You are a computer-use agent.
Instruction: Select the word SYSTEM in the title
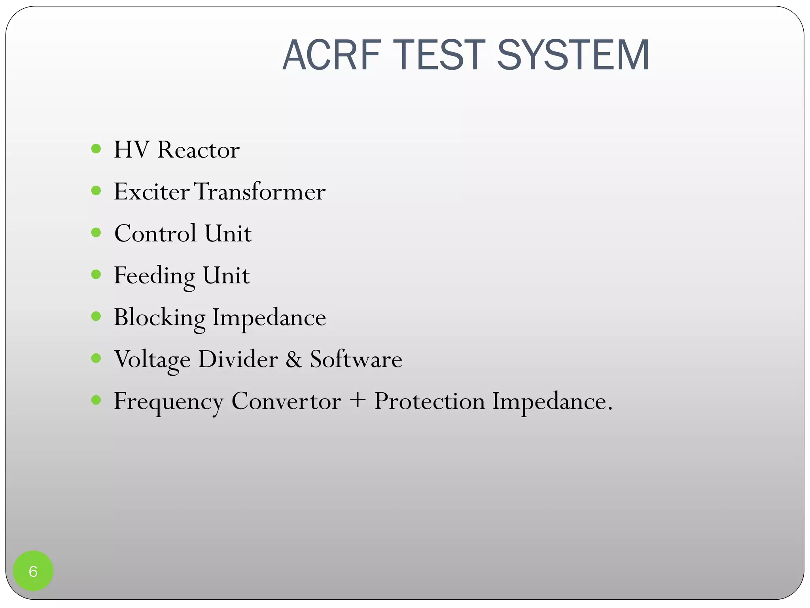tap(573, 55)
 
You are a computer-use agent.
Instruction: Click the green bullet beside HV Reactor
tap(96, 149)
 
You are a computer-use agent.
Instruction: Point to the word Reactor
tap(198, 150)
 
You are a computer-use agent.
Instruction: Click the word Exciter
tap(151, 192)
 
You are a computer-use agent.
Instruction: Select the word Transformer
tap(260, 192)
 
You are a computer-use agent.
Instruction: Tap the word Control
tap(155, 233)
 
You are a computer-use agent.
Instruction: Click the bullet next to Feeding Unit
tap(96, 274)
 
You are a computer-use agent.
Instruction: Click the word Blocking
tap(159, 318)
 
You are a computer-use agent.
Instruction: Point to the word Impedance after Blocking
tap(269, 318)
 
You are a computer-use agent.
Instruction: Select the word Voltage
tap(152, 360)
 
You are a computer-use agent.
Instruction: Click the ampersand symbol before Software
tap(293, 359)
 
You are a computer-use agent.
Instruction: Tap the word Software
tap(356, 359)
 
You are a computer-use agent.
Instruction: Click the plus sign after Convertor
tap(358, 401)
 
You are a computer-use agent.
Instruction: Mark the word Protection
tap(430, 401)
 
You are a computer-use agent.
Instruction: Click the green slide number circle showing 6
tap(33, 571)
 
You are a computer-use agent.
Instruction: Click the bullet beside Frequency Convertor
tap(96, 400)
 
